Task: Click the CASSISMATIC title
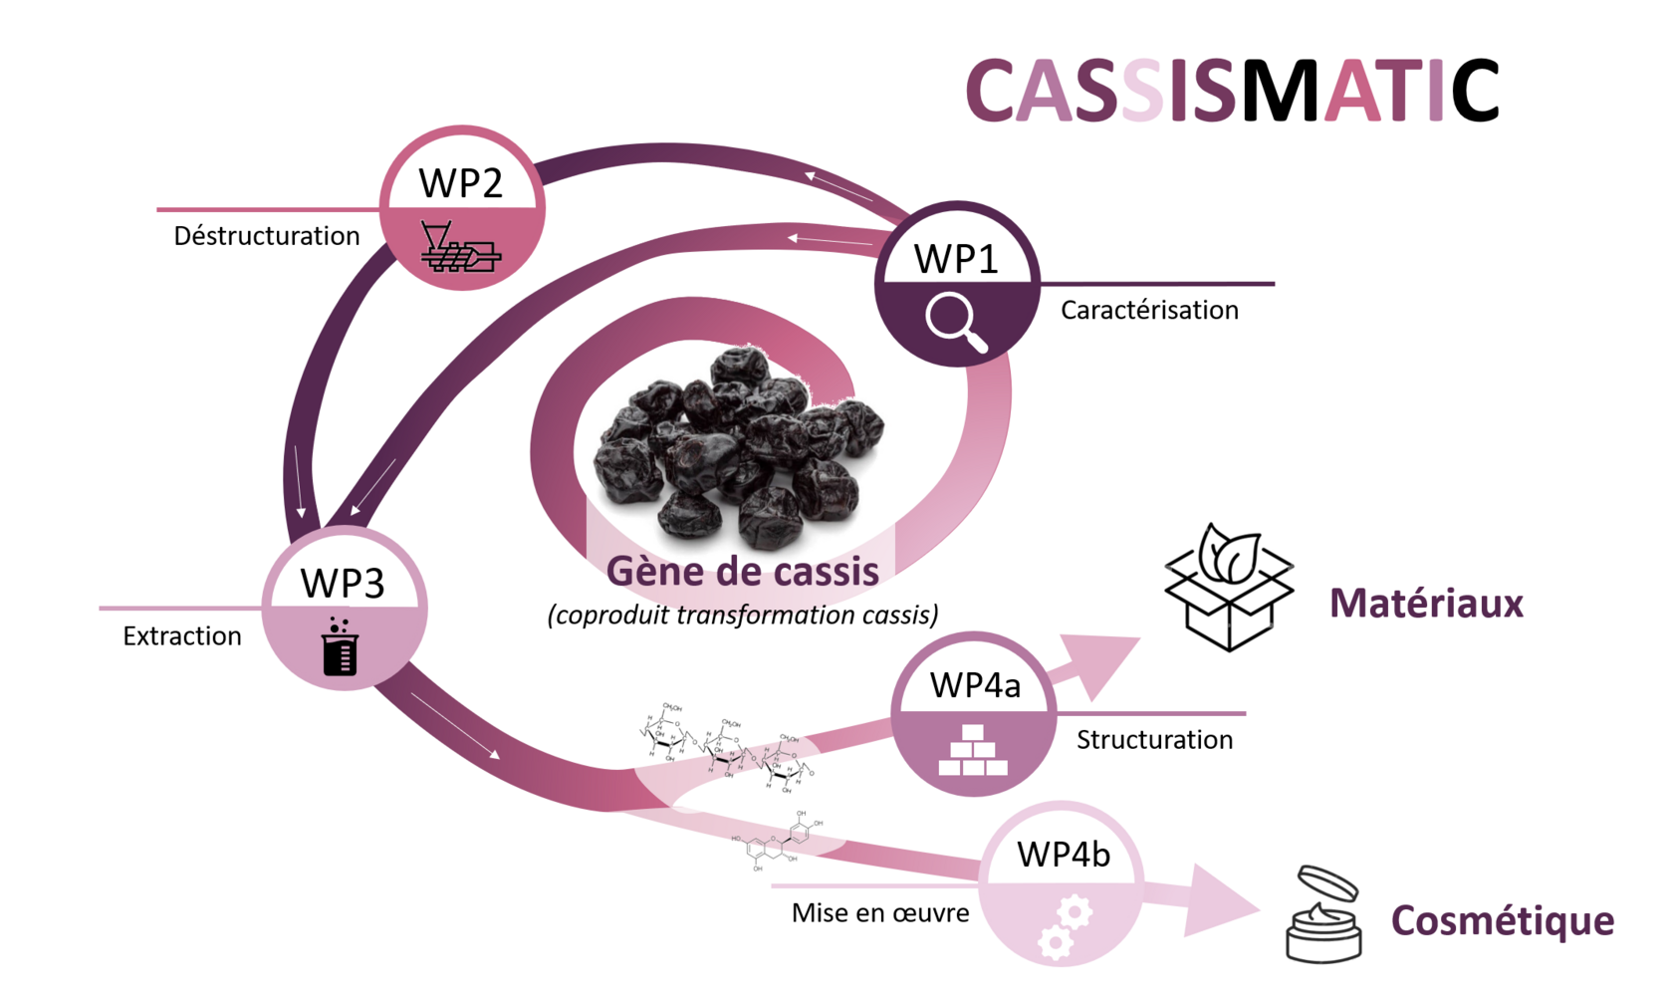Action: [x=1232, y=91]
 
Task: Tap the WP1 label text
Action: [x=956, y=259]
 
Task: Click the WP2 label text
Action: [x=461, y=183]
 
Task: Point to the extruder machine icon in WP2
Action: [x=460, y=248]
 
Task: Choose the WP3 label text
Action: [x=343, y=584]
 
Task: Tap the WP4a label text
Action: [x=975, y=685]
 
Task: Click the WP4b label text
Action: [x=1063, y=855]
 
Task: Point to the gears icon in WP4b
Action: [x=1064, y=926]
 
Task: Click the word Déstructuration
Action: [x=267, y=236]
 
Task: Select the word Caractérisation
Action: [x=1149, y=311]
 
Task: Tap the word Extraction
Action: [x=182, y=636]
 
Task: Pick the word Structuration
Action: [x=1154, y=740]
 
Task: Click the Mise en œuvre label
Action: [x=880, y=913]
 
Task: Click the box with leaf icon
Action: [x=1229, y=588]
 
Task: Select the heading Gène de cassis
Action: [x=743, y=572]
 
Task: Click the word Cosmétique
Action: [x=1502, y=921]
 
